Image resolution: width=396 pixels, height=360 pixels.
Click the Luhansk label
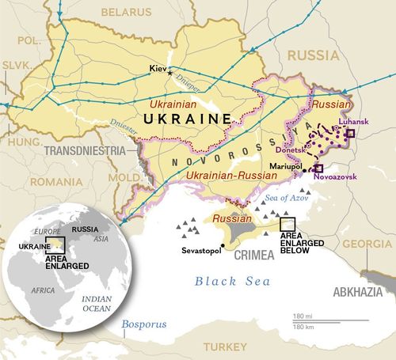click(332, 123)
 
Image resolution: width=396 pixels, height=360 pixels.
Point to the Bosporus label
click(143, 324)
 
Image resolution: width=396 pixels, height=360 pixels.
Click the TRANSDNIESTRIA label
click(85, 150)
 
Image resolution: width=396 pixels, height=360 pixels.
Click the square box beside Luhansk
click(350, 134)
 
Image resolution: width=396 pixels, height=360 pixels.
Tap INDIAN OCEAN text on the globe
click(97, 304)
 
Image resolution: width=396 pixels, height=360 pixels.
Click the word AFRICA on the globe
click(44, 290)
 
